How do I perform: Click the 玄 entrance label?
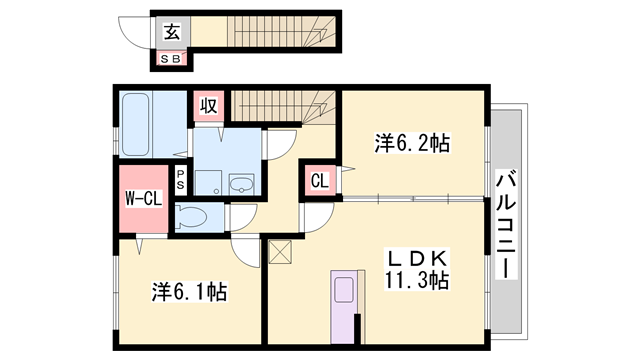click(171, 32)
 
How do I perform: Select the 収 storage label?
click(208, 104)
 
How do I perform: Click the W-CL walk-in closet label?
click(143, 198)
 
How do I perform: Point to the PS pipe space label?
click(180, 181)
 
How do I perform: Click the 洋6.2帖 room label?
click(411, 144)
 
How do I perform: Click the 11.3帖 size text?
click(417, 281)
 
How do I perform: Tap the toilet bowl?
click(193, 217)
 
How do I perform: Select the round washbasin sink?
click(241, 183)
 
